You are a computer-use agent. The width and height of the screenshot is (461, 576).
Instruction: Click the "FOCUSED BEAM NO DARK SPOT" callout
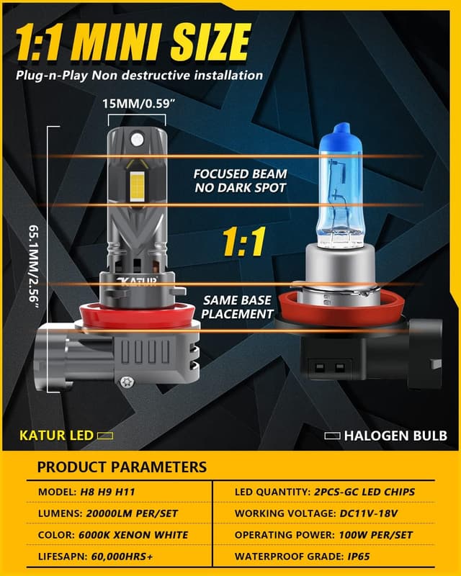pyautogui.click(x=240, y=181)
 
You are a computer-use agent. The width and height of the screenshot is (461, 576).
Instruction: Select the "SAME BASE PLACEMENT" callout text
pyautogui.click(x=237, y=306)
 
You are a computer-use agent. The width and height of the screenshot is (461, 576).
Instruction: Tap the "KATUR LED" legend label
pyautogui.click(x=66, y=435)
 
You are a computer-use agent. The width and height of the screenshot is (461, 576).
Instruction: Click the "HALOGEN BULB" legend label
pyautogui.click(x=395, y=436)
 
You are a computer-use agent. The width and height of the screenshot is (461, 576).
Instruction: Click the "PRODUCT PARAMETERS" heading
pyautogui.click(x=122, y=467)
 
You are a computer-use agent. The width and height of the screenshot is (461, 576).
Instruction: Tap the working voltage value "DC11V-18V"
pyautogui.click(x=367, y=513)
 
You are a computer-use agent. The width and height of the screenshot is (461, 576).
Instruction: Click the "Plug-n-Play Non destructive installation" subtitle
pyautogui.click(x=139, y=75)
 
